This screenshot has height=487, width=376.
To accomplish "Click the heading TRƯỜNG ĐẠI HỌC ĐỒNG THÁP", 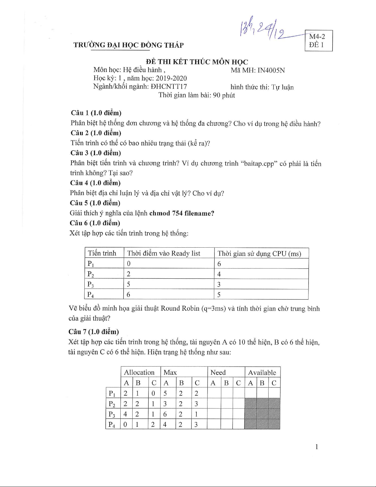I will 129,45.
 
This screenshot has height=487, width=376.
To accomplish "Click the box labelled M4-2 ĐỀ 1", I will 318,41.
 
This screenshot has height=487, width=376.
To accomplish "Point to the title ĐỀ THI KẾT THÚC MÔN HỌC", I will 197,62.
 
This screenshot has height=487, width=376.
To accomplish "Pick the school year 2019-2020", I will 171,78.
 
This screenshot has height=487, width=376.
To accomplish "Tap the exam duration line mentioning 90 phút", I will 197,95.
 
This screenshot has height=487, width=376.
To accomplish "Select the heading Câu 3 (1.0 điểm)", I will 95,153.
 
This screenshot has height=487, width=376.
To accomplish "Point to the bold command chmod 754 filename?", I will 182,213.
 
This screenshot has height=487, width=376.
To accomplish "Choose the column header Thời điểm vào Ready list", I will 164,253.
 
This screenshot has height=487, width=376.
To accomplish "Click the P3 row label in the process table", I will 91,284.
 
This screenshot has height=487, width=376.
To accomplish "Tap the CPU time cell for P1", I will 219,264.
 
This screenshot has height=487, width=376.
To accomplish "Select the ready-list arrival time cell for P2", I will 129,274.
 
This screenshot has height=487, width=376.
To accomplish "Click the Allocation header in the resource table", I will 139,372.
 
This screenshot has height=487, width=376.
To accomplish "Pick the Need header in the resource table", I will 218,372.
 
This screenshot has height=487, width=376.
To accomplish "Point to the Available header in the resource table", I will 262,372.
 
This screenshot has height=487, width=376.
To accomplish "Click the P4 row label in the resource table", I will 112,425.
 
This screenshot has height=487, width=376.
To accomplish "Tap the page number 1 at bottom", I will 316,447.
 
